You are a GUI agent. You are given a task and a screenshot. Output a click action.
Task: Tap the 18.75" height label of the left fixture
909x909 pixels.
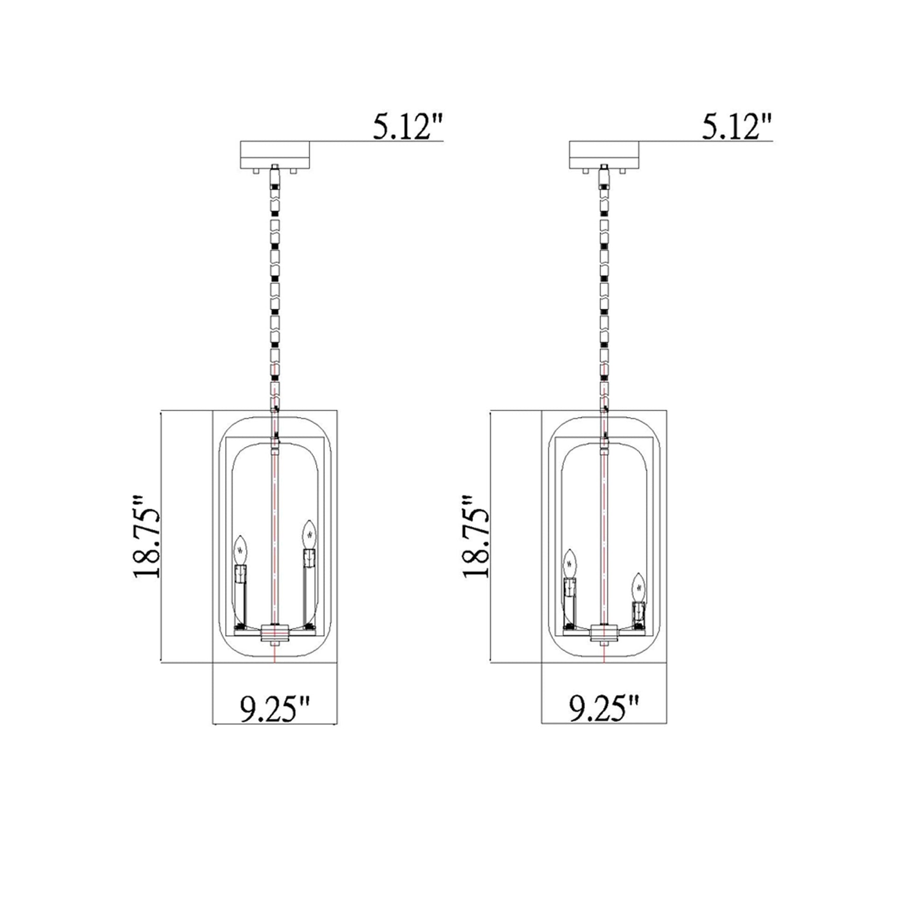click(x=147, y=536)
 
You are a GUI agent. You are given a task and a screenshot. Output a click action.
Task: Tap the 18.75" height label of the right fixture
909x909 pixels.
click(x=476, y=536)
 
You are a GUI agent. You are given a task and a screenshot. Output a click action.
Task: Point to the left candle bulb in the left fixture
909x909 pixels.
click(x=241, y=549)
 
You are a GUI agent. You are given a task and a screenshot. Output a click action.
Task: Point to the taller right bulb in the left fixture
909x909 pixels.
click(x=309, y=533)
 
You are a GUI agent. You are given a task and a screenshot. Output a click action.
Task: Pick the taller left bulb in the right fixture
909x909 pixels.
click(x=570, y=562)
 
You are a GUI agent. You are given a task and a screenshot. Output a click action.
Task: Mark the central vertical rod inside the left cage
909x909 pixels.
click(x=274, y=532)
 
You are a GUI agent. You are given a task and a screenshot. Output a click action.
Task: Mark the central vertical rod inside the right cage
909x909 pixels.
click(x=604, y=532)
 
